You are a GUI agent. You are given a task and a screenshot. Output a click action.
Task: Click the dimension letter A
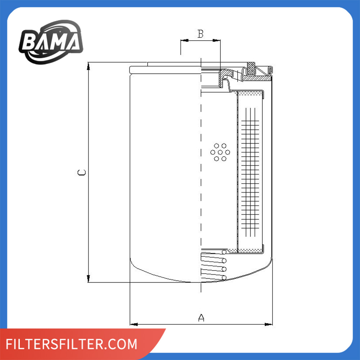tap(201, 318)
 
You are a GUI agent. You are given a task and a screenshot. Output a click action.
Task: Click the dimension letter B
tap(201, 34)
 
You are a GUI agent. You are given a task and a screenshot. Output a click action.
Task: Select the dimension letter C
tap(81, 172)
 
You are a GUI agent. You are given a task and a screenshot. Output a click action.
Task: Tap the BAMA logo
tap(51, 42)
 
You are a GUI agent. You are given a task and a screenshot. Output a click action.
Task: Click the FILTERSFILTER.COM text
tap(71, 344)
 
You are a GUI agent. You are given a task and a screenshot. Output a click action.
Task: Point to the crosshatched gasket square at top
tap(251, 68)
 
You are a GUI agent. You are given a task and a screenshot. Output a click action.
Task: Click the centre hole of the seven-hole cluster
tap(220, 152)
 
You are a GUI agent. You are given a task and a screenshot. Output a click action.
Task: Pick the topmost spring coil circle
tap(224, 252)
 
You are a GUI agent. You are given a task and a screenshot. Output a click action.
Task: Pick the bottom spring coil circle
tap(224, 278)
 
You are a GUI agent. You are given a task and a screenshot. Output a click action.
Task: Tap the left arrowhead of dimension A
tap(134, 324)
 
